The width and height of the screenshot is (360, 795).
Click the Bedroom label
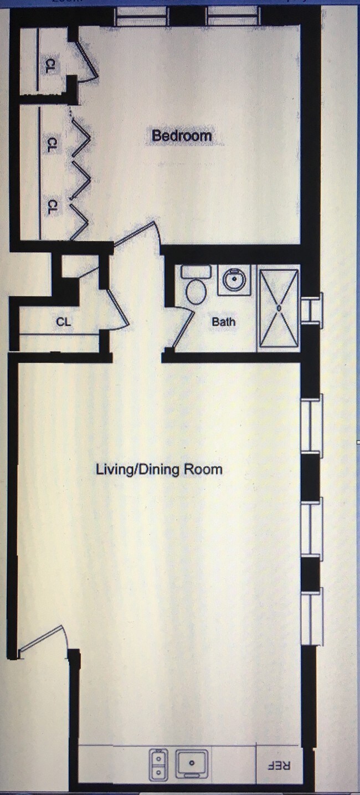tap(181, 136)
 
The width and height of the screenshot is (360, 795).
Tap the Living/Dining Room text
tap(160, 469)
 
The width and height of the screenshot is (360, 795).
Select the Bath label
tap(223, 322)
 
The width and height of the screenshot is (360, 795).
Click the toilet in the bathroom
tap(196, 284)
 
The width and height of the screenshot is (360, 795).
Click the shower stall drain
tap(279, 308)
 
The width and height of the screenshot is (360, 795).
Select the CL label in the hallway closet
tap(64, 322)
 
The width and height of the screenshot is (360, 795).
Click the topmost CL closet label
tap(50, 66)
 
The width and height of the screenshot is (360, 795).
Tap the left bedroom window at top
tap(141, 17)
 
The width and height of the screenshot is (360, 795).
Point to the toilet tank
tap(196, 271)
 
